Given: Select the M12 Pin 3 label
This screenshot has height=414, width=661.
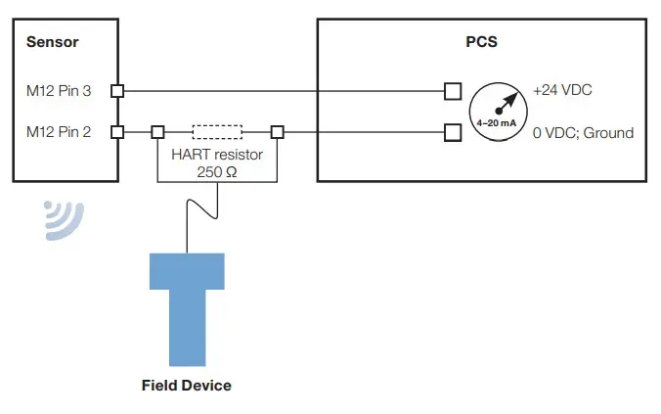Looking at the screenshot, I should (x=60, y=92).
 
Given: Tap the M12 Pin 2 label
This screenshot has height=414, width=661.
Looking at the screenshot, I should (x=60, y=132).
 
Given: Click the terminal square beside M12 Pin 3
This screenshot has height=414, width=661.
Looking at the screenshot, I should (x=117, y=91).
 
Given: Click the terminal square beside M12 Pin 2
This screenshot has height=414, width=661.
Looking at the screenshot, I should (x=117, y=131).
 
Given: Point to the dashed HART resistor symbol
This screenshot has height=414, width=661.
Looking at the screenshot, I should (x=218, y=131).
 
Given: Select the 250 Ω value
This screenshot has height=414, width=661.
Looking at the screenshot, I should (x=217, y=172).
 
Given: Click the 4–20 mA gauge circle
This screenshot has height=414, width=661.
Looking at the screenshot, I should (x=496, y=111).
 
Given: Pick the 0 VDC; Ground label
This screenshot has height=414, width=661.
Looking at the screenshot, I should (x=583, y=132).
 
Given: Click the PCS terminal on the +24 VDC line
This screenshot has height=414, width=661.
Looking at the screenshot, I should (x=452, y=91).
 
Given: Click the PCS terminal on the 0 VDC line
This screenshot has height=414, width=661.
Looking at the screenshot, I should (x=452, y=131).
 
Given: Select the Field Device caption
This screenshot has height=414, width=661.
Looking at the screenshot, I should (x=187, y=385).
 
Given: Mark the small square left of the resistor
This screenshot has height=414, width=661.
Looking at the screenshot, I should (x=157, y=131).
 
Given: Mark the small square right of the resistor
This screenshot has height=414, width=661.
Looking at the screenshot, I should (x=278, y=131).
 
